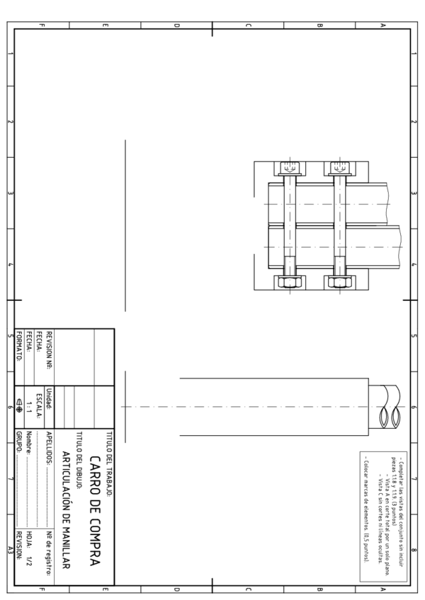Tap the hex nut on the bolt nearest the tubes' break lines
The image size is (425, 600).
(338, 282)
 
